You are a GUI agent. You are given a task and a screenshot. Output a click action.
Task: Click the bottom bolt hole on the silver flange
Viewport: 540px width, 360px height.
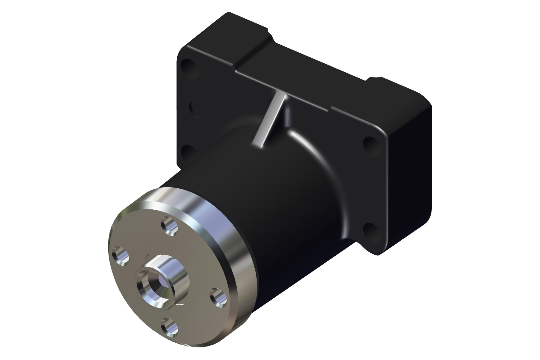click(170, 328)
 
